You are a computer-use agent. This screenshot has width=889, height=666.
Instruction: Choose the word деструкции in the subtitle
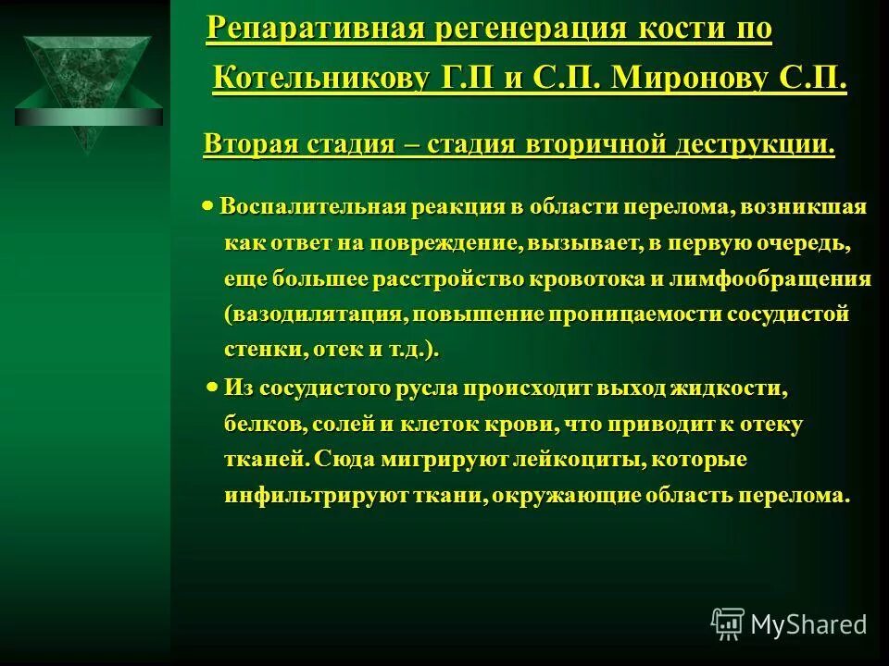pos(752,145)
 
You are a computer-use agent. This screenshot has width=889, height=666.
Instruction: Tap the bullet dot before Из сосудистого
pos(212,388)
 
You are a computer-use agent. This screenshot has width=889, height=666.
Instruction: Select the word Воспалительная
pos(314,207)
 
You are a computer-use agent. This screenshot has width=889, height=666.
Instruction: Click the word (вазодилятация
pos(315,314)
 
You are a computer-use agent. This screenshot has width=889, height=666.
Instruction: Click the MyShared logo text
pos(808,624)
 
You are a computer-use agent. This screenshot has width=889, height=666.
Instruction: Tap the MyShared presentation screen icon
pos(728,623)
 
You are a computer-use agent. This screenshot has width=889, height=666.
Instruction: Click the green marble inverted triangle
pos(87,88)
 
